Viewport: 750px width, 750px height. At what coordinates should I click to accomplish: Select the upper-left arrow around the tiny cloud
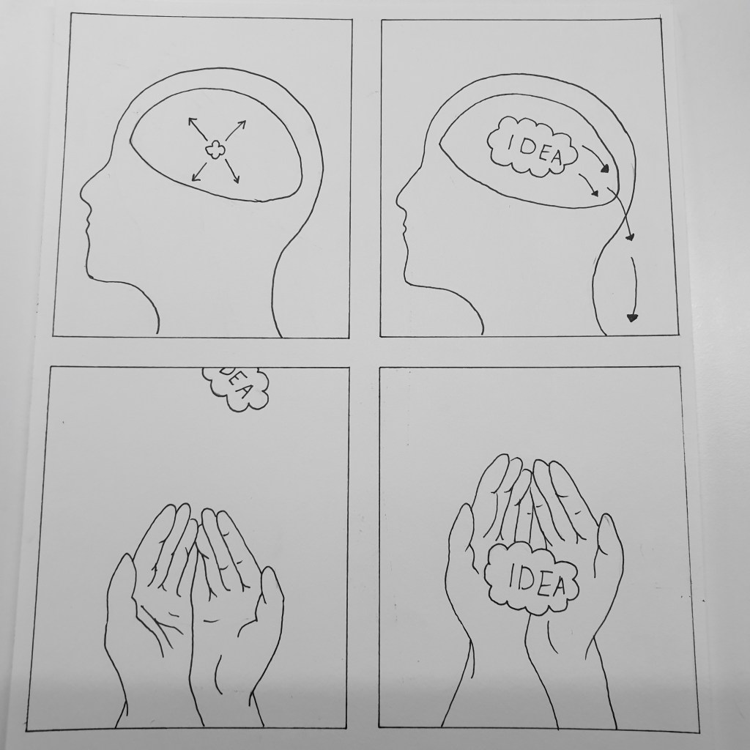pyautogui.click(x=197, y=128)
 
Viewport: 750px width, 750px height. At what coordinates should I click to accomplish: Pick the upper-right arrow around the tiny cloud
pyautogui.click(x=235, y=130)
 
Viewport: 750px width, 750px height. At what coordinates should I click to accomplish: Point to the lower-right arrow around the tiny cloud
pyautogui.click(x=232, y=171)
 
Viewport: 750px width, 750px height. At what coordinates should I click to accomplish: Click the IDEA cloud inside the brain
pyautogui.click(x=532, y=146)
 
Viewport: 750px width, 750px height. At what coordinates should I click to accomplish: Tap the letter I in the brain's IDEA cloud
pyautogui.click(x=510, y=141)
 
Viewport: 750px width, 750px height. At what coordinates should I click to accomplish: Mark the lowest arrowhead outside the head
pyautogui.click(x=632, y=317)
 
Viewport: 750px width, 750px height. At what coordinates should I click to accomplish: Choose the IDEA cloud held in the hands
pyautogui.click(x=531, y=578)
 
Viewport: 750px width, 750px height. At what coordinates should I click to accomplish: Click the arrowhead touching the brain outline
pyautogui.click(x=606, y=168)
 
